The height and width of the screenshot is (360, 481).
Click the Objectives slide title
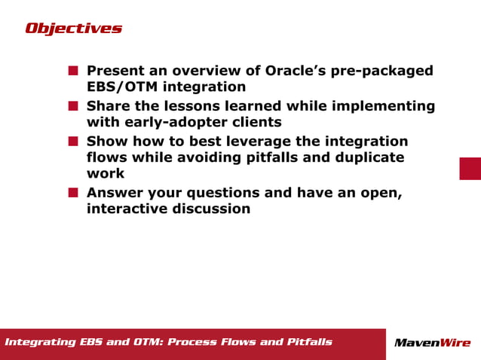click(x=73, y=29)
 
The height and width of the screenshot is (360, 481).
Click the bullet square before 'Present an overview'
click(x=73, y=71)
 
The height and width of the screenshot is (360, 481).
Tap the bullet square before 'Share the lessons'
click(x=73, y=106)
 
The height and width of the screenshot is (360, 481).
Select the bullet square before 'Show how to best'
click(x=73, y=141)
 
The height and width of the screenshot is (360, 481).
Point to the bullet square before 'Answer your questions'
click(x=73, y=193)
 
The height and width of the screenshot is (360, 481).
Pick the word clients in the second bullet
click(x=256, y=122)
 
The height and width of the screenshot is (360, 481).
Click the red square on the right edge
click(x=470, y=168)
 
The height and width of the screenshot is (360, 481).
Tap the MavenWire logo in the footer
click(x=432, y=343)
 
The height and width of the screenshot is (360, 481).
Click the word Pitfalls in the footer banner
click(x=309, y=343)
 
